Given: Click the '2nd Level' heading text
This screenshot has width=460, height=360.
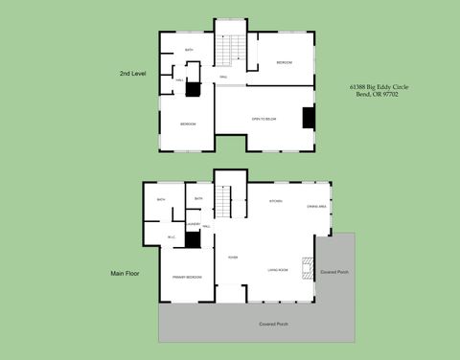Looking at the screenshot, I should [132, 73].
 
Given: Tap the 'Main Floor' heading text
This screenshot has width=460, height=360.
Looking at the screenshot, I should [126, 273].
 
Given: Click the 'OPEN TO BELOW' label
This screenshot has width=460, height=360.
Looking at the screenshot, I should [264, 119].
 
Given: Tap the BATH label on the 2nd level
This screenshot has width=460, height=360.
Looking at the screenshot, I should [189, 50].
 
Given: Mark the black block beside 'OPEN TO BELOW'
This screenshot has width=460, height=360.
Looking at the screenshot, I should [309, 117].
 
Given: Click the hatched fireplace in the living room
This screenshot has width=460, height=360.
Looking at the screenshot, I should [307, 267].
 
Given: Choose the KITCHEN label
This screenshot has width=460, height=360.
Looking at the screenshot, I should [275, 201].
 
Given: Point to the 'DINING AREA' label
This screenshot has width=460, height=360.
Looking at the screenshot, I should [316, 207].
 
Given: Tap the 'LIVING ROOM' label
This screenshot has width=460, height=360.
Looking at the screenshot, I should [279, 271].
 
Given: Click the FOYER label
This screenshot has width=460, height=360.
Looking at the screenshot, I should [232, 258].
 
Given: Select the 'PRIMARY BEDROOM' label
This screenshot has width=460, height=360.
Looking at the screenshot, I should [186, 277].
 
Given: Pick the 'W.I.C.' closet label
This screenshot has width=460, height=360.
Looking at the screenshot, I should [171, 237].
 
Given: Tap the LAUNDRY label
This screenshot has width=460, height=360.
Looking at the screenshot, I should [193, 223].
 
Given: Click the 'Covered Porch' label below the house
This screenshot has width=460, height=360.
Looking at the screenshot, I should [273, 324].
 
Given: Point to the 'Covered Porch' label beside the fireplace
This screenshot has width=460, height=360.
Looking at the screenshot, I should [335, 271].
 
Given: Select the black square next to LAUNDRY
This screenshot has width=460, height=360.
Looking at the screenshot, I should [193, 240].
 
